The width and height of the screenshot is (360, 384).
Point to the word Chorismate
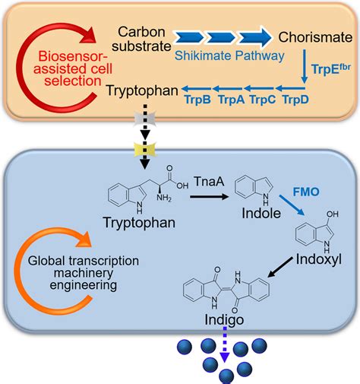311,36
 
